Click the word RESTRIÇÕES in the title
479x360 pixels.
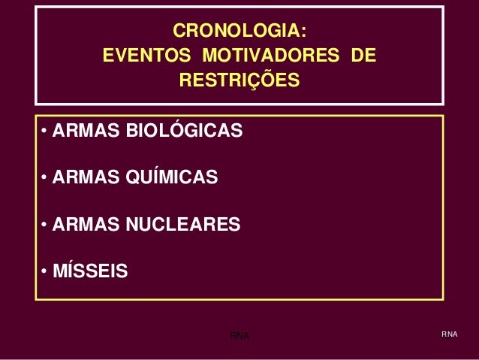(x=239, y=80)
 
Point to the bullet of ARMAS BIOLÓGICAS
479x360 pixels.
(x=45, y=133)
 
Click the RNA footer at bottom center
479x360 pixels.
(x=239, y=334)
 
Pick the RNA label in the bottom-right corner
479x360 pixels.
(x=449, y=334)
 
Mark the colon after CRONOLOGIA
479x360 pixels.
(x=303, y=32)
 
